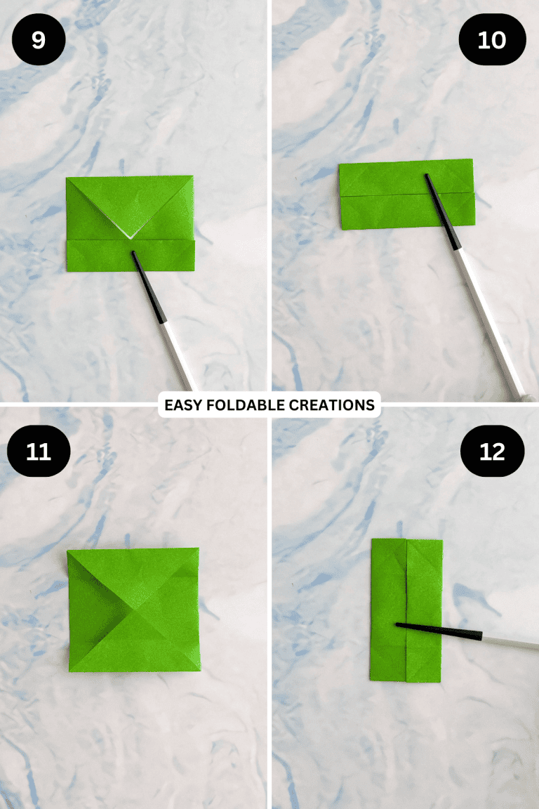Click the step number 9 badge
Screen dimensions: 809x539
pyautogui.click(x=38, y=40)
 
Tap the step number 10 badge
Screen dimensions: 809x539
pyautogui.click(x=491, y=40)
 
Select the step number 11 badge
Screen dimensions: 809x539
pyautogui.click(x=38, y=451)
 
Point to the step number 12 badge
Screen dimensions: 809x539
pyautogui.click(x=492, y=451)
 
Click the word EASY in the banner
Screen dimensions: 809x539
pyautogui.click(x=181, y=405)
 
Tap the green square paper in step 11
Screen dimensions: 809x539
pyautogui.click(x=133, y=610)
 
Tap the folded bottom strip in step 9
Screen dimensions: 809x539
pyautogui.click(x=98, y=256)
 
